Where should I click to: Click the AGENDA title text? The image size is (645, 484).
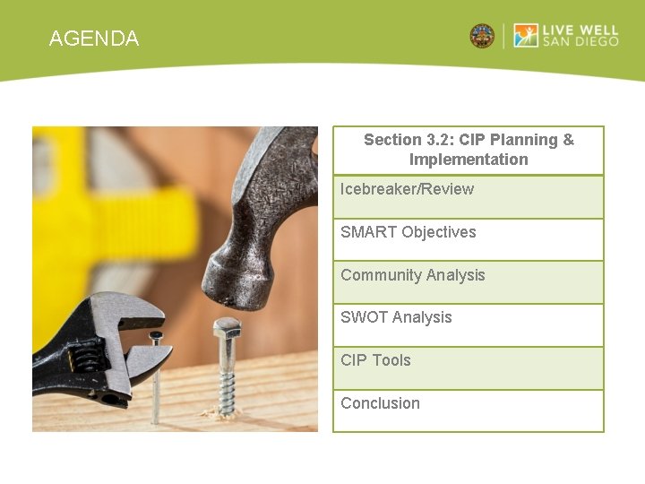click(94, 39)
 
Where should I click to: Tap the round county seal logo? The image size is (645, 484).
click(482, 36)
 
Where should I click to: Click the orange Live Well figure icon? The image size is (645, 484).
click(526, 36)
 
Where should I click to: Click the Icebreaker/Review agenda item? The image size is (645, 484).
click(407, 189)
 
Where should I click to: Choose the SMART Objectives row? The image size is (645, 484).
click(408, 232)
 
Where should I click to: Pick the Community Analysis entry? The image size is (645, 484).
click(413, 275)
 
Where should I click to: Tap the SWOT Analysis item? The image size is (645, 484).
click(396, 317)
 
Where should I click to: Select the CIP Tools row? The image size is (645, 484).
click(375, 360)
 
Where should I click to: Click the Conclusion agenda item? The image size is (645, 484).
click(380, 403)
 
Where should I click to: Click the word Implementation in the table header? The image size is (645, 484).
click(469, 160)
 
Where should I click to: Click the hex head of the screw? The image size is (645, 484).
click(228, 326)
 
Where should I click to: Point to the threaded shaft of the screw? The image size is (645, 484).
click(228, 376)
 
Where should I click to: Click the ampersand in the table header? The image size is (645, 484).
click(568, 140)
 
